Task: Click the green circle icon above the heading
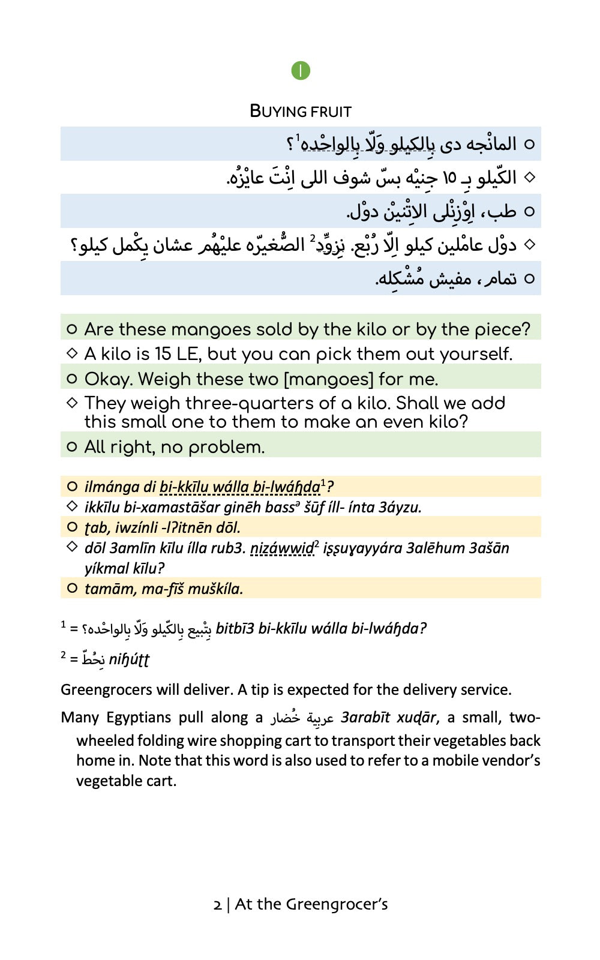(x=301, y=71)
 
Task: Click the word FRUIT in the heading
(x=331, y=112)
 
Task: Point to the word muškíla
(x=215, y=589)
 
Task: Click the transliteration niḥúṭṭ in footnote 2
(x=129, y=660)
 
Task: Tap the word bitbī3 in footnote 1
(x=235, y=629)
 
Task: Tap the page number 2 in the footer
(x=217, y=905)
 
